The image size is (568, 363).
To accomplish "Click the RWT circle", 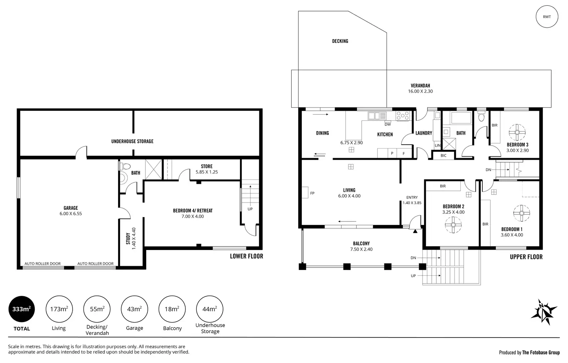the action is tap(547, 17).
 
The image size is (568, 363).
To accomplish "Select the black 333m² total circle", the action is tap(22, 309).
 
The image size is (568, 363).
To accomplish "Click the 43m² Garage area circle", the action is tap(134, 309).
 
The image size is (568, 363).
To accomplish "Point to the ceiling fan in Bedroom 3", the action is tap(517, 133).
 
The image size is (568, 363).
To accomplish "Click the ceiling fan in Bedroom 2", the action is tap(453, 224).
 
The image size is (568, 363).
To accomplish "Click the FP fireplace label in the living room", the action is tap(312, 193).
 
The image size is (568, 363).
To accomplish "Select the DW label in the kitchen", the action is tap(387, 124).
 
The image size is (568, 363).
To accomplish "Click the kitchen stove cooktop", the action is tap(403, 115).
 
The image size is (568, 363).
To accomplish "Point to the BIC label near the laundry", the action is tap(443, 155).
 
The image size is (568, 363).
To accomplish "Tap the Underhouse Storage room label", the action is tap(132, 142).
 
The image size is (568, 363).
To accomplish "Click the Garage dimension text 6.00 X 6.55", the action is tap(71, 214).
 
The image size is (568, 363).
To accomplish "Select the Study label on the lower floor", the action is tap(128, 238).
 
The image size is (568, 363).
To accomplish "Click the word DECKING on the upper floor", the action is tap(340, 41).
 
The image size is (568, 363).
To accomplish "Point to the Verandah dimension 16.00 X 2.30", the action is tap(420, 91).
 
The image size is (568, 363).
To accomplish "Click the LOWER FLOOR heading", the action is tap(246, 256).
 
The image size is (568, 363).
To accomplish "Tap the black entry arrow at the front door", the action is tap(415, 231).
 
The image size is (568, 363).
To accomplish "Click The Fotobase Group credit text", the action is tap(541, 352).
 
